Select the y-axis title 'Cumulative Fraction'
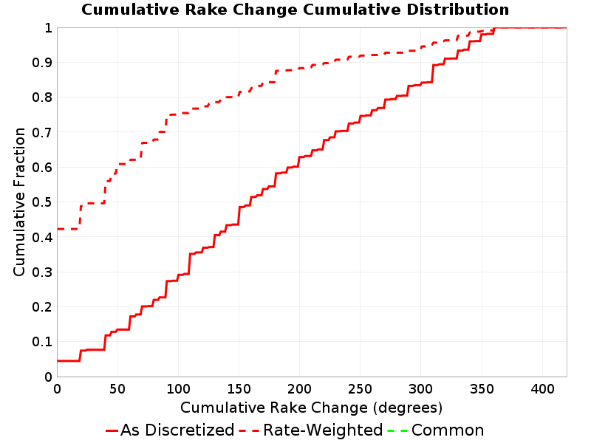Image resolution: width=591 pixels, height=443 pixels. [x=19, y=202]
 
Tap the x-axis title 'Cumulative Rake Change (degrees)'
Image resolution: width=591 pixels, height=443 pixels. [x=311, y=408]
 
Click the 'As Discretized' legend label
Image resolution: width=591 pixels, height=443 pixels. [x=177, y=430]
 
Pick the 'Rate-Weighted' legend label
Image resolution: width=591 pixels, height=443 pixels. [x=323, y=430]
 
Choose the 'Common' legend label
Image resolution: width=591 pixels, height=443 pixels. [x=448, y=430]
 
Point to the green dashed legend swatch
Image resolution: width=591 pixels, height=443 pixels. [x=397, y=430]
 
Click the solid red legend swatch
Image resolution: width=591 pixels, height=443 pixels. [x=112, y=430]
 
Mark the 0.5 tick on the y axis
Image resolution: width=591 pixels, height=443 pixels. [x=42, y=202]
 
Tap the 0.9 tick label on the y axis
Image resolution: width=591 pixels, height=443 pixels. [x=42, y=63]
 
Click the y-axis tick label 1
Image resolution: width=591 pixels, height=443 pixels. [x=48, y=28]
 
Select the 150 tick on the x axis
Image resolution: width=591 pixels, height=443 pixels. [x=239, y=389]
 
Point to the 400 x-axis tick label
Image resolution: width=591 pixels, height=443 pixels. [x=542, y=389]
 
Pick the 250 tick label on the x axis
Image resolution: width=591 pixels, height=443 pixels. [x=360, y=389]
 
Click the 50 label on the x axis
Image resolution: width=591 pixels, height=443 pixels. [x=117, y=389]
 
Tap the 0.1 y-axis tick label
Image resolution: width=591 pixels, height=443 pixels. [x=42, y=342]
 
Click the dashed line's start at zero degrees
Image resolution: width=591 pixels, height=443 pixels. [x=58, y=229]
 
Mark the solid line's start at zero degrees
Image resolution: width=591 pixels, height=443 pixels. [x=58, y=361]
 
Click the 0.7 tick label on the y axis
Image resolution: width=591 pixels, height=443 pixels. [x=42, y=133]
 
